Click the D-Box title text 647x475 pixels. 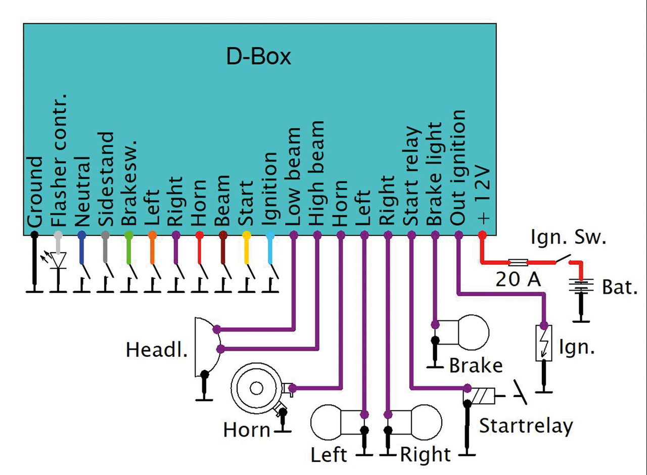pos(258,57)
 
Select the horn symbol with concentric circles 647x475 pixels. pos(257,388)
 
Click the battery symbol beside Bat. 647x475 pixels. pos(582,287)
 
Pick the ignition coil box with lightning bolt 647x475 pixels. pos(544,343)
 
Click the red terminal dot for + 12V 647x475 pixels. pos(482,235)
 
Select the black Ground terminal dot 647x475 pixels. pos(34,235)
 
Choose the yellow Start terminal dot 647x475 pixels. pos(246,235)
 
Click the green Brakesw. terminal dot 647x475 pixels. pos(129,235)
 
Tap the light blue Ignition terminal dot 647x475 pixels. pos(270,235)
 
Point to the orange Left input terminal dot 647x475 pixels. pos(152,235)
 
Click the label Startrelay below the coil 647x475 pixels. pos(526,426)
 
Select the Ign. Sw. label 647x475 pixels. pos(568,238)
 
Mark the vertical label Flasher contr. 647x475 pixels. pos(59,160)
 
